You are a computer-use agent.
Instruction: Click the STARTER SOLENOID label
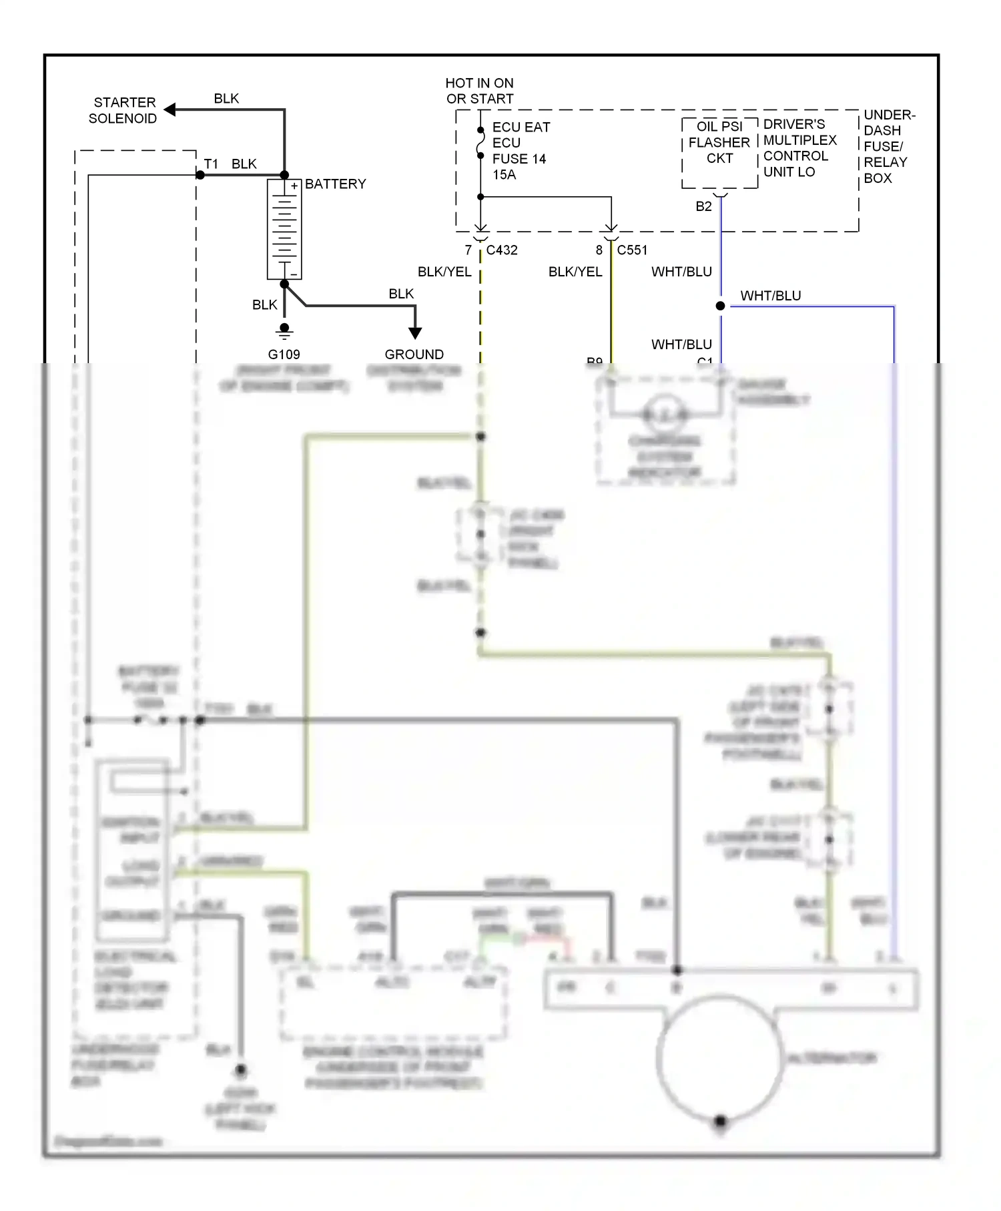(x=123, y=110)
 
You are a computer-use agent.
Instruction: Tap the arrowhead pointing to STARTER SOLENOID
(x=170, y=109)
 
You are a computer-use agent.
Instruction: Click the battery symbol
(x=284, y=229)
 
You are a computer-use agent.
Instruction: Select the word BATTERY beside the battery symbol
(x=335, y=184)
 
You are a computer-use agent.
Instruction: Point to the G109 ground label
(x=284, y=354)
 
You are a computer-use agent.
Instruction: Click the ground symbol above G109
(x=284, y=330)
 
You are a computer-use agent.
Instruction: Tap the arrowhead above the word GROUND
(x=414, y=332)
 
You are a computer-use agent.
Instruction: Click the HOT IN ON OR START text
(x=479, y=91)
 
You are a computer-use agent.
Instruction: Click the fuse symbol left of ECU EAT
(x=480, y=143)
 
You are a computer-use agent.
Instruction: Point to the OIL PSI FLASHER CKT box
(x=719, y=152)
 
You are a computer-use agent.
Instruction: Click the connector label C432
(x=501, y=250)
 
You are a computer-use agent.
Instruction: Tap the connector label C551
(x=631, y=250)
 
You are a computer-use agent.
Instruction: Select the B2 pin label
(x=703, y=206)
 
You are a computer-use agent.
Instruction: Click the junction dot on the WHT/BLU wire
(x=720, y=306)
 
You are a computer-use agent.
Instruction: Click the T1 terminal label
(x=211, y=164)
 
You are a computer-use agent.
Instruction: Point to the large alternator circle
(x=719, y=1056)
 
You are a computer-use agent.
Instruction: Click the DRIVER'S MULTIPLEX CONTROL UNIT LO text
(x=799, y=148)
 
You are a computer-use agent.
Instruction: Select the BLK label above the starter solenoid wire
(x=226, y=98)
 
